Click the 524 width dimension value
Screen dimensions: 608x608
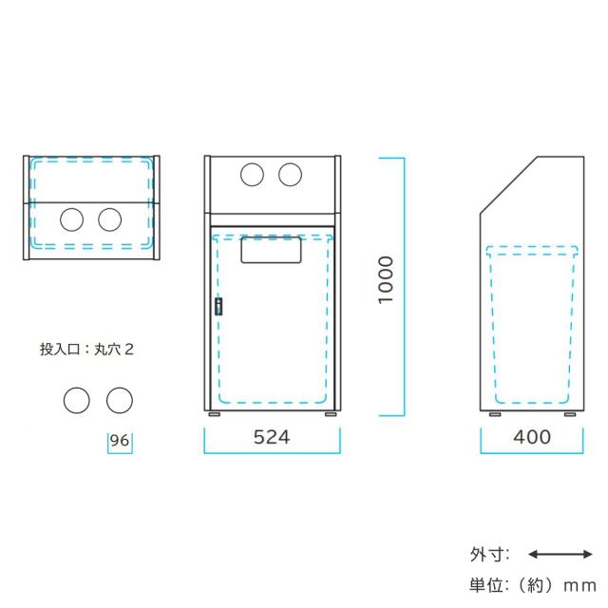[x=272, y=437]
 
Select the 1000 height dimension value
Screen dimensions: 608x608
[x=386, y=280]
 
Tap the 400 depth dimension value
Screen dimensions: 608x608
[x=532, y=437]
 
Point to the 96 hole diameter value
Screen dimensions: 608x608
[x=120, y=441]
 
